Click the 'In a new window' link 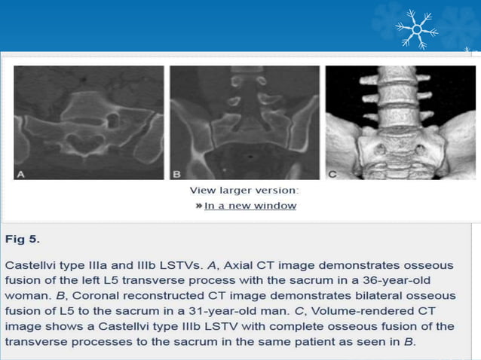point(250,206)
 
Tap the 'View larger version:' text point(244,191)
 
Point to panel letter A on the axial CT point(21,173)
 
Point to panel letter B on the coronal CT point(176,173)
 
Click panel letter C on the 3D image point(332,173)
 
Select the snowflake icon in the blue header point(416,29)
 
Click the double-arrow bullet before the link point(198,206)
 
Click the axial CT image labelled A point(88,122)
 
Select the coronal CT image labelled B point(244,122)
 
